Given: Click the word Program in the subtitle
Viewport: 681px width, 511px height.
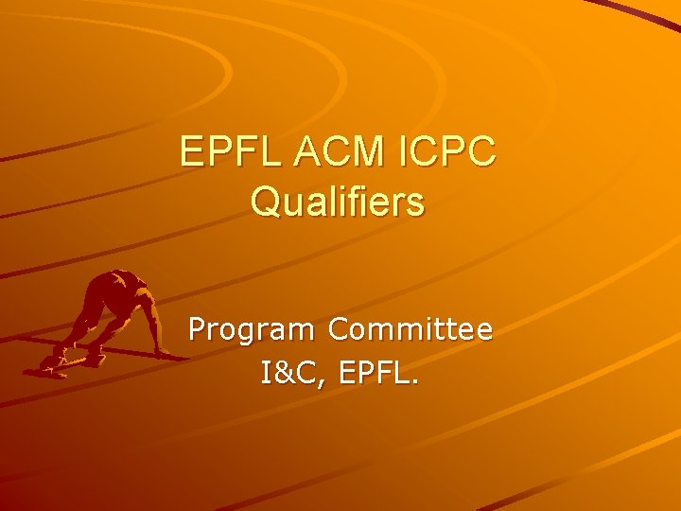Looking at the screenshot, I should [x=253, y=331].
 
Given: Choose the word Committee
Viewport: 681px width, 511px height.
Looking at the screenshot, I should [x=410, y=329].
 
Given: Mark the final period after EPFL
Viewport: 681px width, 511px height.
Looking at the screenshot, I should [x=412, y=382].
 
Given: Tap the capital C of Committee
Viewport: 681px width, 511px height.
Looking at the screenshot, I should [x=339, y=329].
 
